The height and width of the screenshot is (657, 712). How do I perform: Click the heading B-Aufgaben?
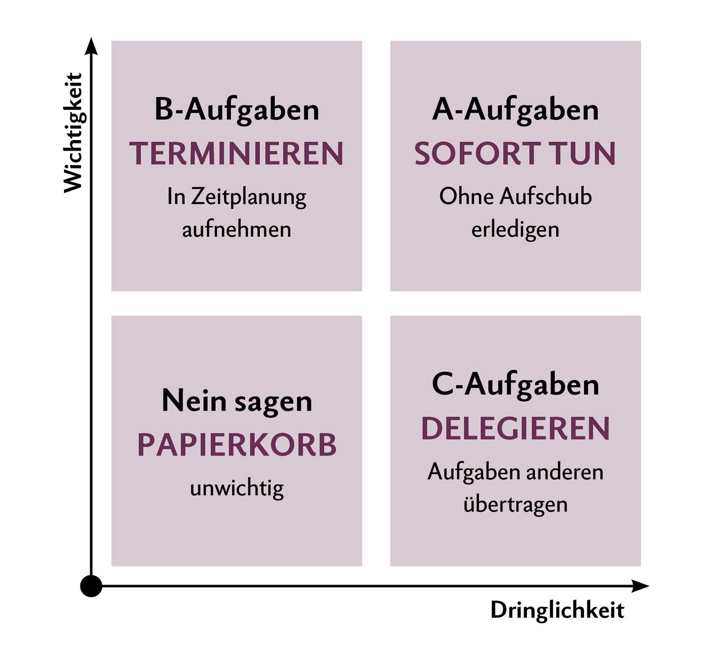tap(236, 109)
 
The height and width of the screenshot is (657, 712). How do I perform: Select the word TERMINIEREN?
tap(236, 154)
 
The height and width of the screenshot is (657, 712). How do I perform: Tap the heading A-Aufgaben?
tap(515, 109)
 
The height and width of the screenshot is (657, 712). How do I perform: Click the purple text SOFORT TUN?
tap(515, 154)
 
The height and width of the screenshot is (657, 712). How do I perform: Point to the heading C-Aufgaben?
tap(515, 385)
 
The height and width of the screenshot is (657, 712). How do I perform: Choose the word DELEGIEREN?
tap(515, 429)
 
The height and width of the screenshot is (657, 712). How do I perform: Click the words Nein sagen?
tap(236, 401)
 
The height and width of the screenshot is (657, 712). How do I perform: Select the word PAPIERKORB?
tap(236, 445)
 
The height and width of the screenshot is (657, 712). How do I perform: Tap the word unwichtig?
tap(236, 489)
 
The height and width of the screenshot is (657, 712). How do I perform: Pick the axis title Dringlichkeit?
tap(557, 610)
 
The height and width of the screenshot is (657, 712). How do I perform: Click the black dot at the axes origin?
tap(91, 586)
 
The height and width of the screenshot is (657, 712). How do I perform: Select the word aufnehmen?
tap(236, 230)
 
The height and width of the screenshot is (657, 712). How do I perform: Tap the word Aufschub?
tap(545, 196)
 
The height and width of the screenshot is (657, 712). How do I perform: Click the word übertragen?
tap(515, 505)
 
